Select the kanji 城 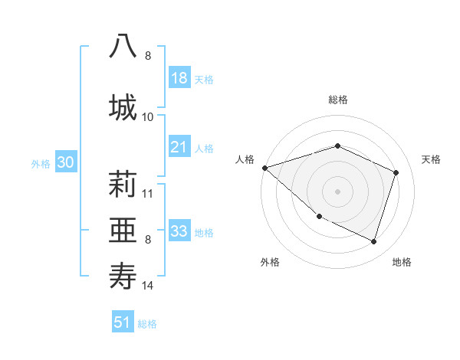click(123, 106)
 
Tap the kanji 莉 click(123, 185)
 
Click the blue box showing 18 click(179, 78)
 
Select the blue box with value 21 click(179, 147)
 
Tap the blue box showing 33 click(179, 231)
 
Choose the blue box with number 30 click(65, 162)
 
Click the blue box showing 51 click(123, 322)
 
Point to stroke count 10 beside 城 click(148, 116)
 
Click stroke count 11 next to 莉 click(148, 193)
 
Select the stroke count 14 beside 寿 click(148, 286)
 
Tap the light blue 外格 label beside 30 click(41, 163)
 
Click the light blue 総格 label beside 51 click(147, 323)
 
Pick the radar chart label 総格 click(337, 100)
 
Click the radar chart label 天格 click(432, 159)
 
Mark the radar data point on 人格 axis click(264, 167)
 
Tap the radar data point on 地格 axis click(373, 241)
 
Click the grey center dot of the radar click(337, 191)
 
